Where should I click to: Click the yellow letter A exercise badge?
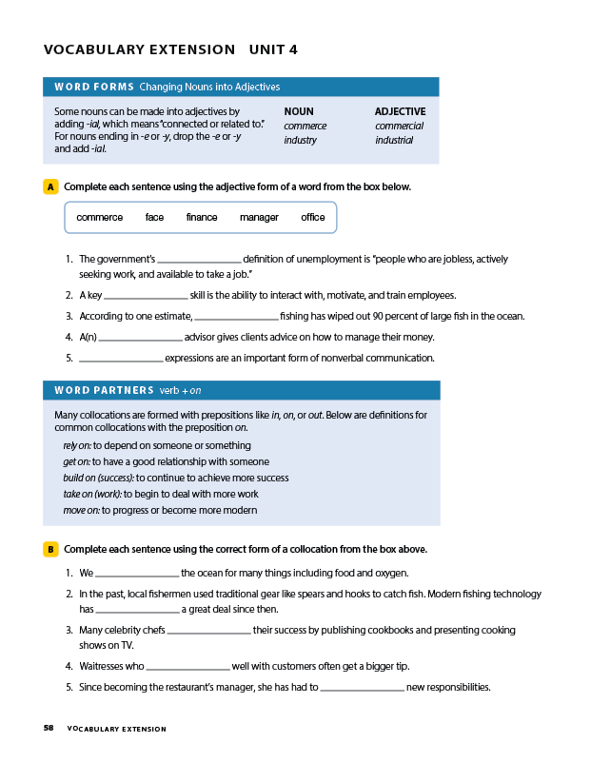[x=50, y=186]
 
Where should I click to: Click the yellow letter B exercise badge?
[x=50, y=549]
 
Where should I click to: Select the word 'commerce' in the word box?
[x=99, y=218]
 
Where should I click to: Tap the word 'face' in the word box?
[x=154, y=218]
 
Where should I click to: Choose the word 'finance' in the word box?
[x=202, y=218]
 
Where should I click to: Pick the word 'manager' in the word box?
[x=259, y=218]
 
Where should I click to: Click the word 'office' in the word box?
[x=313, y=218]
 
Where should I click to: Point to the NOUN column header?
[x=299, y=111]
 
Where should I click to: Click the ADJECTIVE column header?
[x=400, y=111]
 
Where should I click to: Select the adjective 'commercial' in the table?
[x=399, y=126]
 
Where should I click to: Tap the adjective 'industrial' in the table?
[x=394, y=140]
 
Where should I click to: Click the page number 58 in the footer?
[x=49, y=729]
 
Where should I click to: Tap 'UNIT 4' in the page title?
[x=273, y=49]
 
